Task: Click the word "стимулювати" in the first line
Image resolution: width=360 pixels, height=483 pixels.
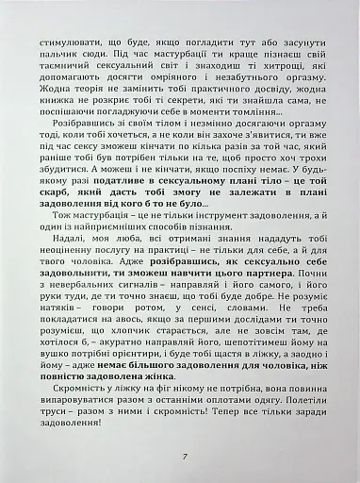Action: (65, 43)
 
